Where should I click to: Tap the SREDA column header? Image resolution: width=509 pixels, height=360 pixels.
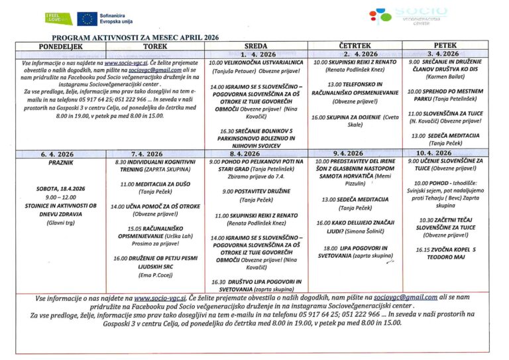[256, 46]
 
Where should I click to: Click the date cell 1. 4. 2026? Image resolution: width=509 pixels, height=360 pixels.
[256, 54]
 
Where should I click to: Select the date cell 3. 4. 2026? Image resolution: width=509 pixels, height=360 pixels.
[443, 53]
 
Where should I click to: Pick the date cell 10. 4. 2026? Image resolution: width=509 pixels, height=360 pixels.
[443, 153]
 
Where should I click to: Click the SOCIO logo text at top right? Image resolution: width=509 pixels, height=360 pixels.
[420, 12]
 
